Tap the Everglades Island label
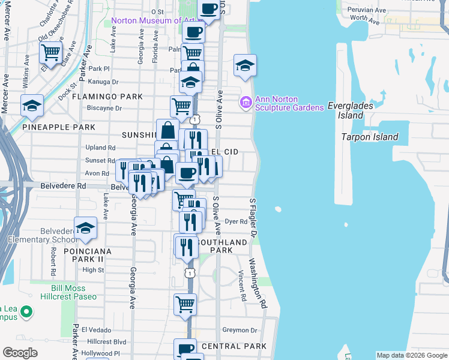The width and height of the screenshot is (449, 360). [x=354, y=110]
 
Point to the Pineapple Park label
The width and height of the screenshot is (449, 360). [x=59, y=127]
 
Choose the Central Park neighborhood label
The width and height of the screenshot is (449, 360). [x=234, y=346]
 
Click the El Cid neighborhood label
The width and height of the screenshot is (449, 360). [x=224, y=152]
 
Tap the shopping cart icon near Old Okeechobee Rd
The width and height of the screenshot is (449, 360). [x=50, y=52]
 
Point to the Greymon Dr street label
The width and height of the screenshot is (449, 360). [x=240, y=330]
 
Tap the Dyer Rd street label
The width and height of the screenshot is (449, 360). [x=236, y=221]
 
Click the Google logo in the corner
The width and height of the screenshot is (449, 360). [x=20, y=353]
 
